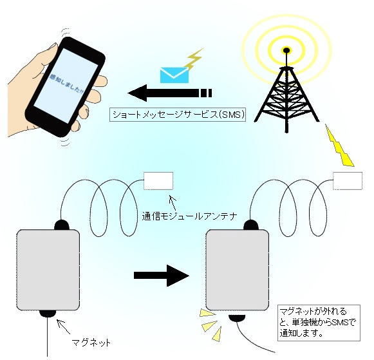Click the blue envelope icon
coord(174,75)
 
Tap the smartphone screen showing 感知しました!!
coord(66,86)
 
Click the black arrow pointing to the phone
coord(170,93)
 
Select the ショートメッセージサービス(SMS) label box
coord(178,115)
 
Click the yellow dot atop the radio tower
coord(286,50)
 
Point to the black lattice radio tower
coord(286,95)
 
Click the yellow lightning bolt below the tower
coord(339,146)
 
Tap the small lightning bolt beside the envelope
coord(195,60)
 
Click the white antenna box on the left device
coord(158,181)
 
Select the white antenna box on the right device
coord(348,181)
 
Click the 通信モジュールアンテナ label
coord(189,216)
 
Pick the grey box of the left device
coord(48,270)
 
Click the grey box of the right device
coord(238,270)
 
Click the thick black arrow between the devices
coord(162,276)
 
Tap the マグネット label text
coord(91,343)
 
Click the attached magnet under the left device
coord(48,313)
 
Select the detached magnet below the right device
coord(237,318)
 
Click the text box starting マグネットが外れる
coord(319,323)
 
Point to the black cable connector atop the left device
coord(62,225)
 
